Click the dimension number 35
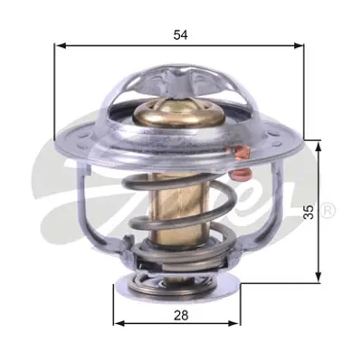(x=309, y=212)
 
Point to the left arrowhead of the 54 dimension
(x=61, y=44)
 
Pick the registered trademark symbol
(x=329, y=211)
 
